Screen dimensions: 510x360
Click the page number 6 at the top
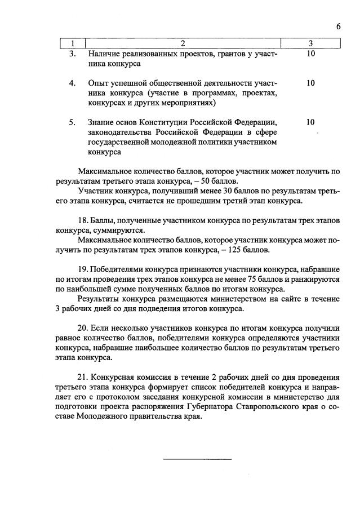click(x=338, y=26)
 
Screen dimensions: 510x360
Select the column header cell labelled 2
click(x=183, y=43)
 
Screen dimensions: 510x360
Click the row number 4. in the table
click(x=72, y=83)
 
